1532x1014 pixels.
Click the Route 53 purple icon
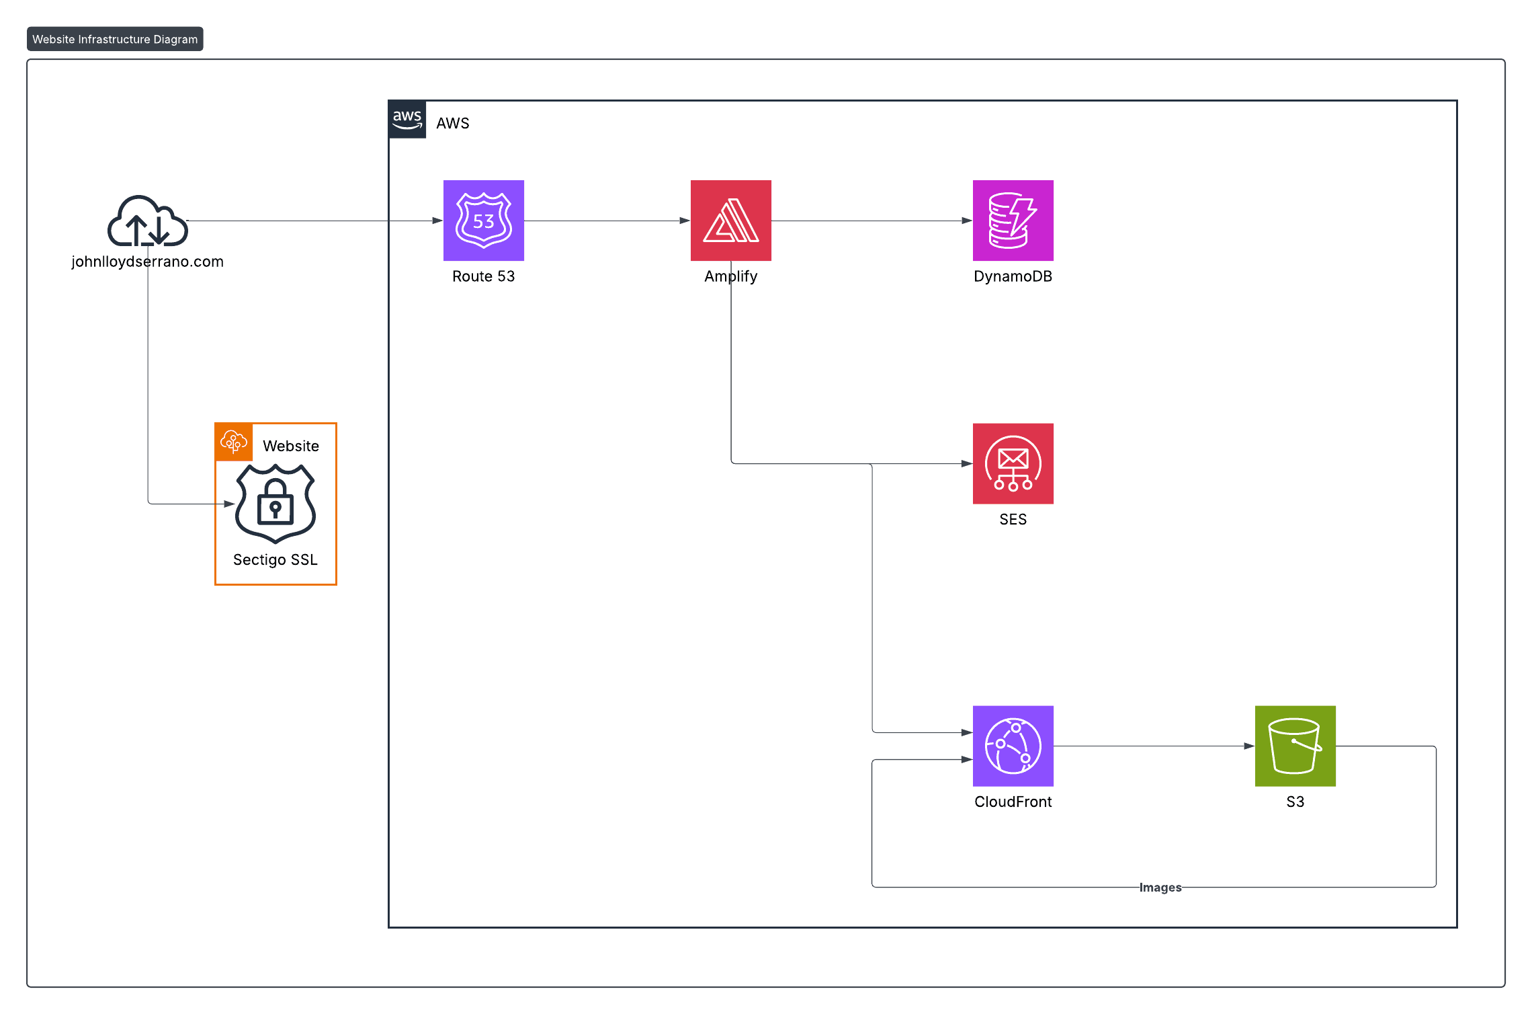point(483,220)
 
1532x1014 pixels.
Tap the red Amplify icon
point(730,220)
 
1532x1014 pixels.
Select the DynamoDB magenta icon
point(1013,220)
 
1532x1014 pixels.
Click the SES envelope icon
point(1013,463)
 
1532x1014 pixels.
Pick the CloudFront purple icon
point(1013,746)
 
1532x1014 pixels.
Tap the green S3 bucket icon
point(1295,746)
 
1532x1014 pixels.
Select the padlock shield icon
point(275,503)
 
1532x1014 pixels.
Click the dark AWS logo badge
point(407,120)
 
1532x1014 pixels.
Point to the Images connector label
point(1160,888)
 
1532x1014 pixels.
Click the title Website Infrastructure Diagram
point(115,39)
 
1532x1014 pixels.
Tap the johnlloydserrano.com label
point(147,262)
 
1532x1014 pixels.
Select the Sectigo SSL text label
point(275,559)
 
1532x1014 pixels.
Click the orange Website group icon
point(234,442)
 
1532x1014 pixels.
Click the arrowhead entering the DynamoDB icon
point(967,221)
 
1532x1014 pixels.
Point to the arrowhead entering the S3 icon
point(1249,746)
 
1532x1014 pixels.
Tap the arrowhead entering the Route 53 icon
point(437,221)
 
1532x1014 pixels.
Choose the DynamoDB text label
point(1013,276)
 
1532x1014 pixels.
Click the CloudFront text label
point(1013,802)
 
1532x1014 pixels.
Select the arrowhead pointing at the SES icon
point(967,463)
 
